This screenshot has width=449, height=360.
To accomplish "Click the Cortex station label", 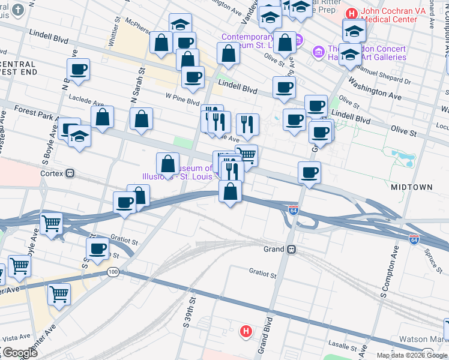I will click(53, 173).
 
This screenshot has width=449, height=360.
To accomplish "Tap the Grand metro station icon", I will click(291, 249).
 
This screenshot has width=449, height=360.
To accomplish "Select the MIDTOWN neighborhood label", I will click(411, 187).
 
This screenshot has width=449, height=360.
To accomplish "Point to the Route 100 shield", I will click(113, 272).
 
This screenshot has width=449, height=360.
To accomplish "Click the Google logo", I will click(20, 353).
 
